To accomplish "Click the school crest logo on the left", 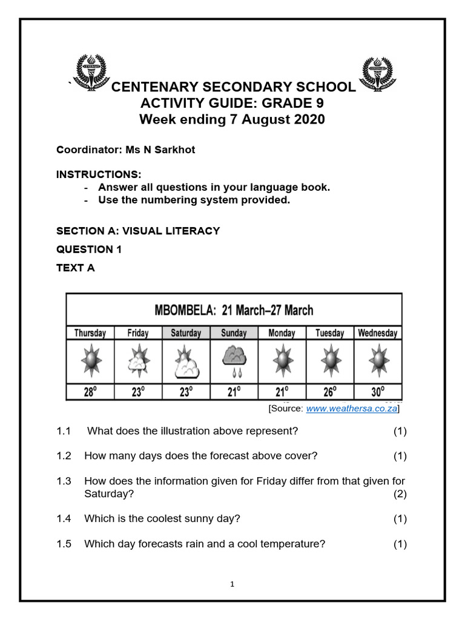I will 90,73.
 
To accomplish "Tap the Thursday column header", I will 90,333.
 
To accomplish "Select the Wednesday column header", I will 377,333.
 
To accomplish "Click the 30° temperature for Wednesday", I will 377,392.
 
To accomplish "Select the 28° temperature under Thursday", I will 90,392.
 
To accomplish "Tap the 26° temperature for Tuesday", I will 329,392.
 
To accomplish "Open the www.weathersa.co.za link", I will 351,409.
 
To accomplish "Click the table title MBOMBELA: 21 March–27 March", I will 234,311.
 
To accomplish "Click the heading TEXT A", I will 76,268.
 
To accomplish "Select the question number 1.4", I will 64,518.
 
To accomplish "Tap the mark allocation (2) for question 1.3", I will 400,493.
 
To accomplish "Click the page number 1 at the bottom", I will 232,584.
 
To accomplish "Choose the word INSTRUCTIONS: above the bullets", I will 99,174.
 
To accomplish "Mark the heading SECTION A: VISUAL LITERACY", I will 138,231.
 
